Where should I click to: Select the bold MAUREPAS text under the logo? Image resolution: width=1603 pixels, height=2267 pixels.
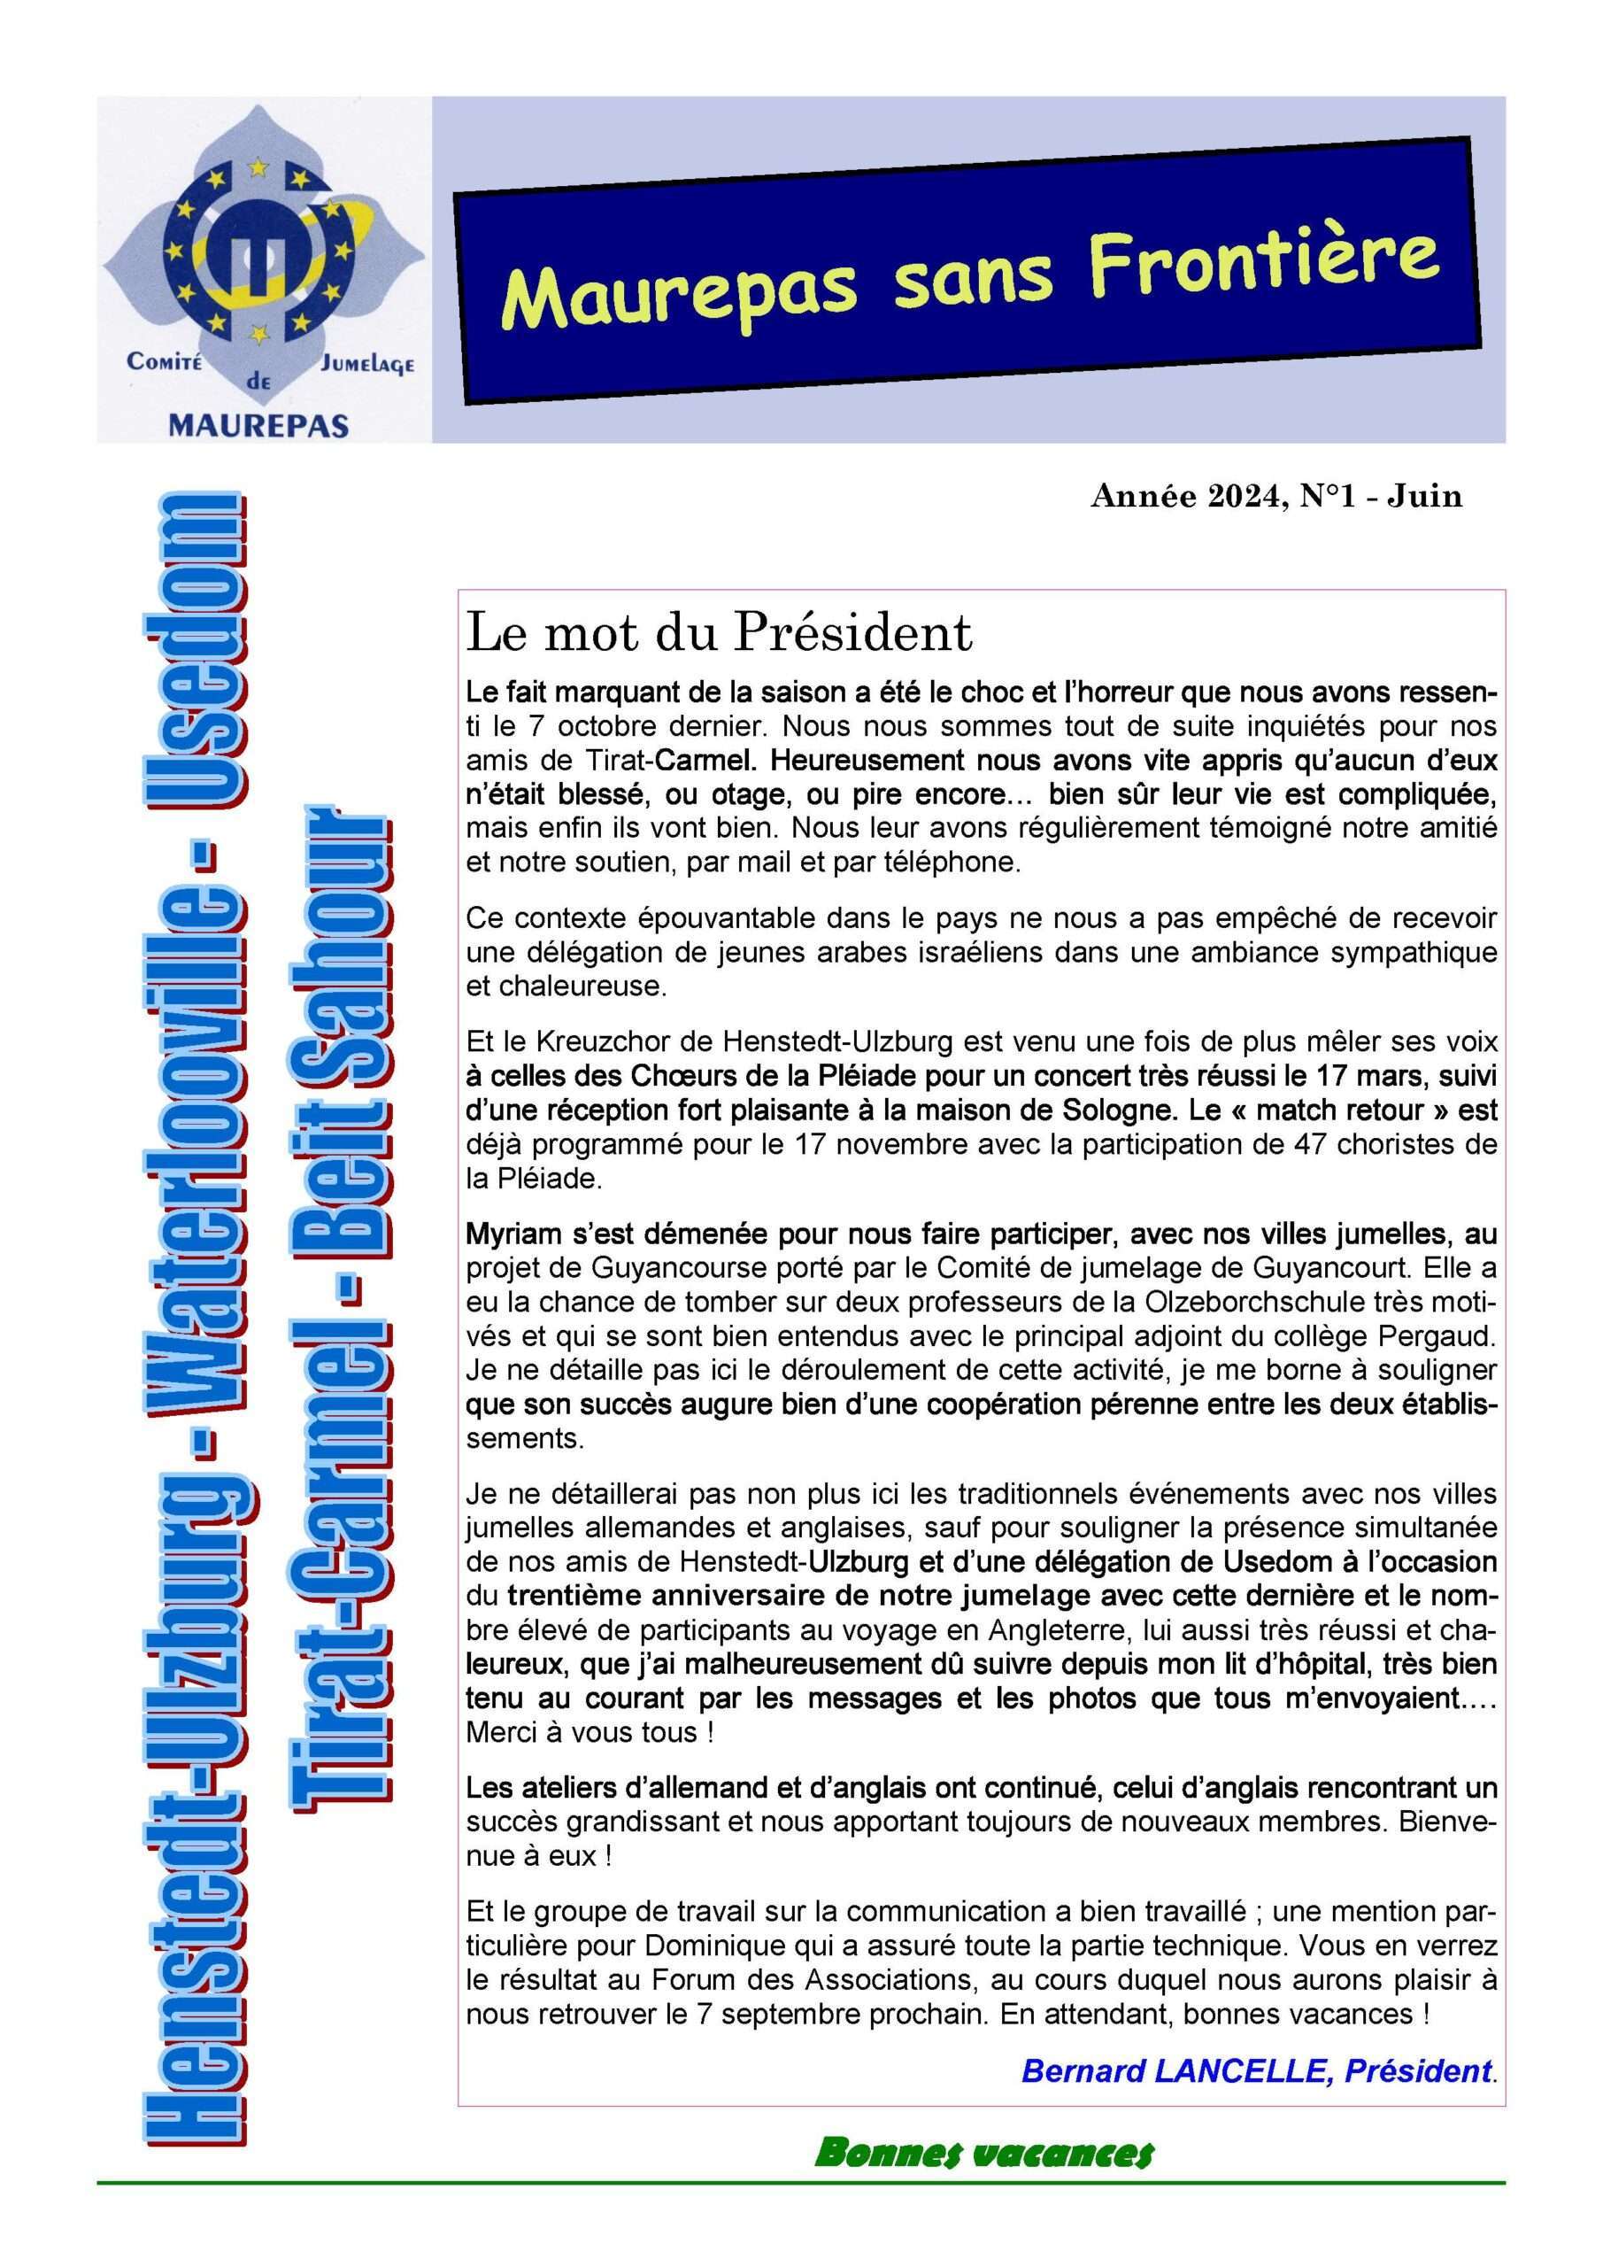pyautogui.click(x=259, y=426)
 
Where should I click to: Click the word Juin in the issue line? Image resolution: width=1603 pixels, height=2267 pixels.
pyautogui.click(x=1424, y=496)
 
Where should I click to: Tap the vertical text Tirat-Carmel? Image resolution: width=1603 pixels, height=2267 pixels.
pyautogui.click(x=345, y=1540)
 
